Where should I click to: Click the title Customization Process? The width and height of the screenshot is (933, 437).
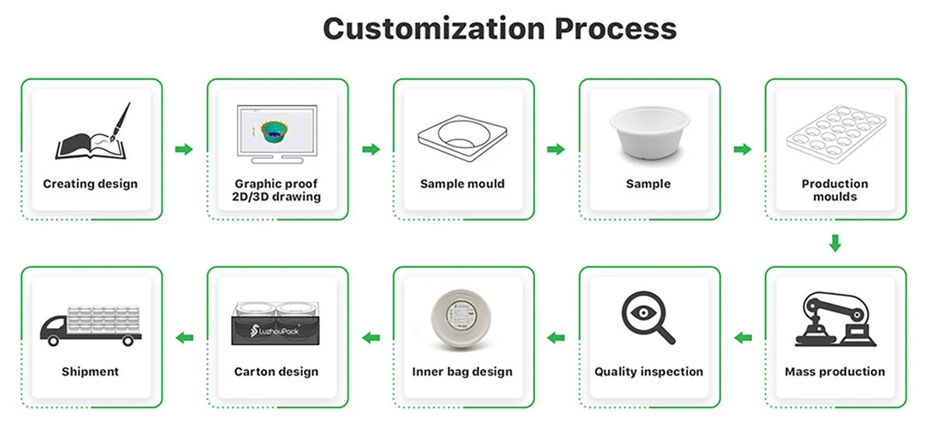pyautogui.click(x=499, y=29)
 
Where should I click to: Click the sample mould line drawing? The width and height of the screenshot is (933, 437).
pyautogui.click(x=463, y=134)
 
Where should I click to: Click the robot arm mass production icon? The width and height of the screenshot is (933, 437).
pyautogui.click(x=834, y=319)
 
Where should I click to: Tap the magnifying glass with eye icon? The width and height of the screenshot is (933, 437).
pyautogui.click(x=648, y=316)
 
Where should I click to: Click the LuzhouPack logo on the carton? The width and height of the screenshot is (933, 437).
pyautogui.click(x=278, y=332)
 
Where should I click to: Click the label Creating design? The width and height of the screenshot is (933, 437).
pyautogui.click(x=90, y=184)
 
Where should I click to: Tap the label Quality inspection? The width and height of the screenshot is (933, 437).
pyautogui.click(x=649, y=372)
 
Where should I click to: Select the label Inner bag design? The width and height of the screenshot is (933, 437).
pyautogui.click(x=463, y=372)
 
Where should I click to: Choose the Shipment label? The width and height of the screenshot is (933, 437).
pyautogui.click(x=90, y=372)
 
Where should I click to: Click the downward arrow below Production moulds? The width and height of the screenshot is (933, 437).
pyautogui.click(x=835, y=243)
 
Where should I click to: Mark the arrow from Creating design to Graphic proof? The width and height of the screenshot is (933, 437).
pyautogui.click(x=183, y=149)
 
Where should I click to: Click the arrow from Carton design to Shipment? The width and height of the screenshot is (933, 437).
pyautogui.click(x=183, y=337)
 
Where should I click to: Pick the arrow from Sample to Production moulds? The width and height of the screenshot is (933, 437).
pyautogui.click(x=743, y=149)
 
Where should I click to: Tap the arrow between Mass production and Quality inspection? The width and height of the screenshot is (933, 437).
pyautogui.click(x=743, y=337)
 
